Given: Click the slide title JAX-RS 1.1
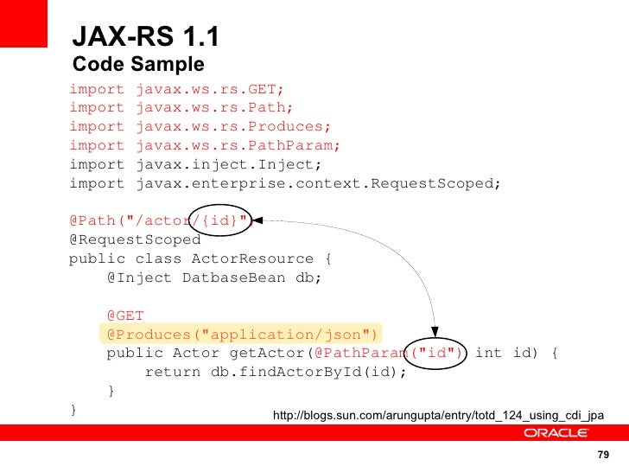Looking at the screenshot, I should (146, 37).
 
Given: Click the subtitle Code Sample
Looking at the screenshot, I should (138, 65).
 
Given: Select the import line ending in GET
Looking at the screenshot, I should (176, 89).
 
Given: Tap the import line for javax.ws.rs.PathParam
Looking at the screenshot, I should (205, 145).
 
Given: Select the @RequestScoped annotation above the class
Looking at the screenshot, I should (135, 239).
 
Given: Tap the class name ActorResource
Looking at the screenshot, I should (252, 258).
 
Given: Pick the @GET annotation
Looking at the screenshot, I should (125, 316).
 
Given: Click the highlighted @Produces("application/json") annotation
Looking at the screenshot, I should (243, 335).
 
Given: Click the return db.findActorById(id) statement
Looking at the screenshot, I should (275, 373).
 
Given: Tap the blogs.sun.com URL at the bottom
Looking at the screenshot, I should (438, 417).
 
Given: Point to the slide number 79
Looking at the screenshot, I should (603, 456).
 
